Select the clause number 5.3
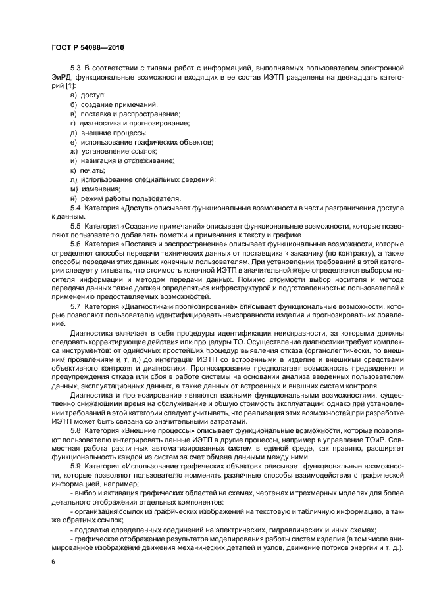tap(75, 69)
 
